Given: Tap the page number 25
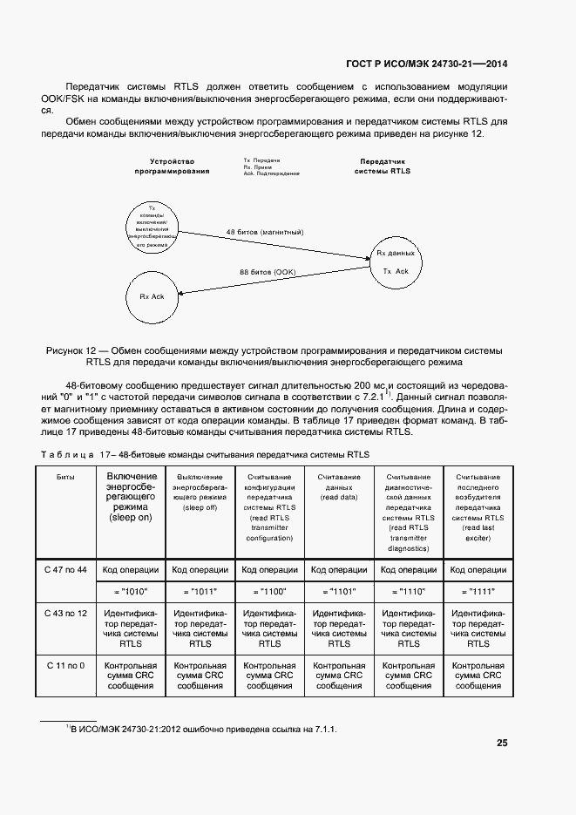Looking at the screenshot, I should [x=502, y=744].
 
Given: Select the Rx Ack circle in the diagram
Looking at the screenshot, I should [x=152, y=296].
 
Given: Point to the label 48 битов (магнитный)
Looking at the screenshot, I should [x=264, y=232].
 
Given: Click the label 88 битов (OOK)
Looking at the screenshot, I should [x=268, y=273].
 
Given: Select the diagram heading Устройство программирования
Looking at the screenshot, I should [x=172, y=166].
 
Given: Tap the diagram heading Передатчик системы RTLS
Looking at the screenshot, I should [x=382, y=166].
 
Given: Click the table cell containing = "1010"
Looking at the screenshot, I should [x=131, y=590].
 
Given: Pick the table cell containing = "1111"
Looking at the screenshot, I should [x=478, y=590].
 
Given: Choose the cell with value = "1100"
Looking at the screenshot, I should [x=270, y=590].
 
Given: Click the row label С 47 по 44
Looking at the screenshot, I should [x=65, y=569].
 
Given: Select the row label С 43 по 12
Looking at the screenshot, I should [x=65, y=614].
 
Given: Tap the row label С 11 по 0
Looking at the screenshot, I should [x=65, y=666].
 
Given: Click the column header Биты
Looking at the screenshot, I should [x=65, y=477].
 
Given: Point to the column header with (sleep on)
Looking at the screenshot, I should [x=131, y=497].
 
